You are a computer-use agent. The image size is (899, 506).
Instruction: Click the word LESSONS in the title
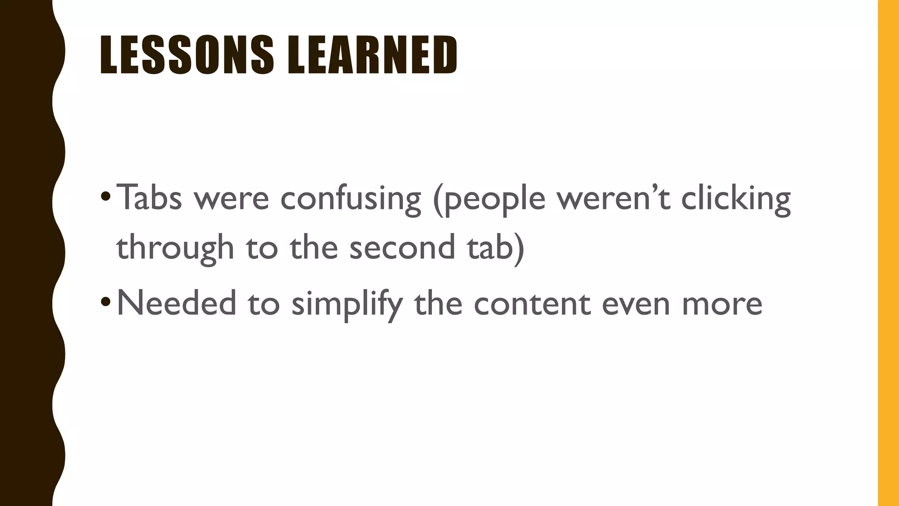[x=187, y=55]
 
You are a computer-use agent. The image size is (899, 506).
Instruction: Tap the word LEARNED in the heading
[x=372, y=55]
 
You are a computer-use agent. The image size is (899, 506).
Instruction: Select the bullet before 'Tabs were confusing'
[x=105, y=195]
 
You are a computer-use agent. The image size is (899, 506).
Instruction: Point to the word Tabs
[x=149, y=198]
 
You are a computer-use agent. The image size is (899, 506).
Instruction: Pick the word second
[x=402, y=247]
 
